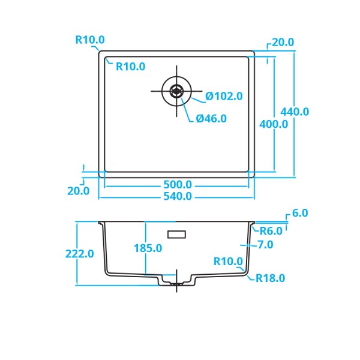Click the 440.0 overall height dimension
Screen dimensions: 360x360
[x=295, y=112]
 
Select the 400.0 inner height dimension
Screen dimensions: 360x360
[x=274, y=124]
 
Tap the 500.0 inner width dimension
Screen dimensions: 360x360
[x=178, y=185]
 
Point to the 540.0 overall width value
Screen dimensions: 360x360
[x=178, y=196]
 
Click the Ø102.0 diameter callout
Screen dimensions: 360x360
[x=224, y=96]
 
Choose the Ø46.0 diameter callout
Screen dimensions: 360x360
[x=211, y=119]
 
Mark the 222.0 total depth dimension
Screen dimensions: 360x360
[x=80, y=254]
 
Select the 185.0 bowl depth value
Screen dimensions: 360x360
[x=148, y=248]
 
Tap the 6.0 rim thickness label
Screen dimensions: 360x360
[x=300, y=213]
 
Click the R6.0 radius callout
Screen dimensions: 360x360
[x=271, y=231]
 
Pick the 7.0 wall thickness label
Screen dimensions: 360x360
[x=265, y=245]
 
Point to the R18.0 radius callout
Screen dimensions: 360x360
[x=270, y=278]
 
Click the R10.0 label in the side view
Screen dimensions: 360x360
[x=228, y=262]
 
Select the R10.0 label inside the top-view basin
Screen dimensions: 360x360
[x=130, y=67]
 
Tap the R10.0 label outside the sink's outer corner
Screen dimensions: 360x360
[x=90, y=40]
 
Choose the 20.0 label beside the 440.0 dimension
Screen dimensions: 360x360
[x=283, y=43]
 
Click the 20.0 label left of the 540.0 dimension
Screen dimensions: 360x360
[x=79, y=191]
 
